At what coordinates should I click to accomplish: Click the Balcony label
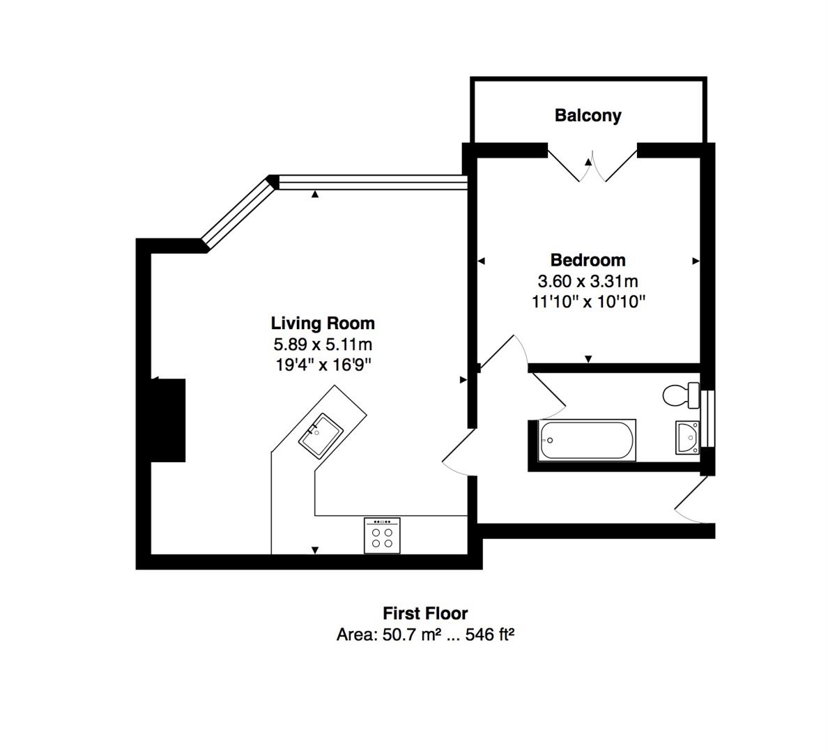tap(588, 116)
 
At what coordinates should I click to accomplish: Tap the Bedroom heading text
tap(588, 260)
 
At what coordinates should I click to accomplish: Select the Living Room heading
tap(323, 323)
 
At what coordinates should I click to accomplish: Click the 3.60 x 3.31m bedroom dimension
tap(588, 281)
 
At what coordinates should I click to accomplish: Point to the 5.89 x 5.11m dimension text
tap(323, 344)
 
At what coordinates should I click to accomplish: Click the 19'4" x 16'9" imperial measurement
tap(323, 365)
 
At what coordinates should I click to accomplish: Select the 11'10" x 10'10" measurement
tap(588, 302)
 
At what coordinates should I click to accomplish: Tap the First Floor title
tap(425, 614)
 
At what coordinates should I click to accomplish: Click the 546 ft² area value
tap(489, 634)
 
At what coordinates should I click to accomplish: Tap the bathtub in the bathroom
tap(588, 440)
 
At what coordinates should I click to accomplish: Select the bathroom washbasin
tap(687, 438)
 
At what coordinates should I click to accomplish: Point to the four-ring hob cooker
tap(382, 535)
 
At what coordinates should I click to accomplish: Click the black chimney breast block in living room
tap(169, 420)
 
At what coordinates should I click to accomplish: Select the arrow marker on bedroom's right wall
tap(696, 261)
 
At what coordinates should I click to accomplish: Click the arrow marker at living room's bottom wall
tap(315, 550)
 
